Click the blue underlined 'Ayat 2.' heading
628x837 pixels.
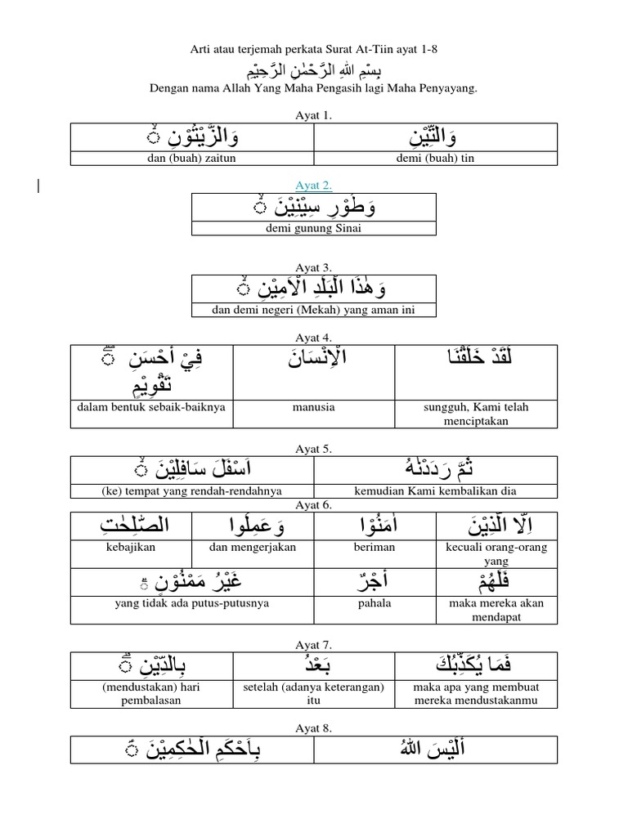pyautogui.click(x=314, y=185)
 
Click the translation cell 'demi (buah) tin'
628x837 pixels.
pyautogui.click(x=436, y=159)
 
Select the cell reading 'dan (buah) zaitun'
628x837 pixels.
pyautogui.click(x=192, y=159)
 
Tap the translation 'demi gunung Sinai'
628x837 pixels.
pyautogui.click(x=314, y=229)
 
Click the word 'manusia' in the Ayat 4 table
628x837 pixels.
pyautogui.click(x=314, y=406)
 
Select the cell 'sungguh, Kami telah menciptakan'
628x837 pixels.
pyautogui.click(x=476, y=413)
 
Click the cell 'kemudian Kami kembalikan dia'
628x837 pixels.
pyautogui.click(x=435, y=491)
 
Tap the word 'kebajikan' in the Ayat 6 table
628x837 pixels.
pyautogui.click(x=130, y=547)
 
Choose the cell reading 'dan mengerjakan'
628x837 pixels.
pyautogui.click(x=253, y=547)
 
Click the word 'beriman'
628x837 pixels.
pyautogui.click(x=375, y=547)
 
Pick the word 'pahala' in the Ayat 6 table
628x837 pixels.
pyautogui.click(x=375, y=603)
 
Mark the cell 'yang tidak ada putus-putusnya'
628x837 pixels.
pyautogui.click(x=192, y=603)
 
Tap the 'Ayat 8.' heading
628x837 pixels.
pyautogui.click(x=314, y=727)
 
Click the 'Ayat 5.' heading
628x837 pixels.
pyautogui.click(x=314, y=449)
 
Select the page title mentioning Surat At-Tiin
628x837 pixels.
pyautogui.click(x=314, y=50)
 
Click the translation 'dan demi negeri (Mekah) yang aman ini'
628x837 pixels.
pyautogui.click(x=314, y=310)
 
